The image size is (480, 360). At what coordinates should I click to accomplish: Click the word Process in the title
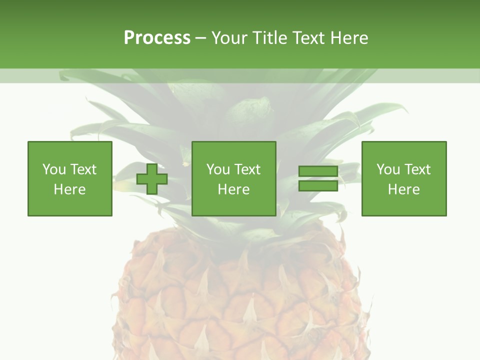tap(157, 38)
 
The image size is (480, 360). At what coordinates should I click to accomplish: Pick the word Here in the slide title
tap(349, 38)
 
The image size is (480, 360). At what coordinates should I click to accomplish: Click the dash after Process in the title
tap(200, 38)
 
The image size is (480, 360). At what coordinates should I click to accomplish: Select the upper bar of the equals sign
tap(318, 171)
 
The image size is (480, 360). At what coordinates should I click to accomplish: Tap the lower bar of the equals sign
tap(318, 185)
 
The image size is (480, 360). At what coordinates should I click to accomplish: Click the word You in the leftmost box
tap(54, 169)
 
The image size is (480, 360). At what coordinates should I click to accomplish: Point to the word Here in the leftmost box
tap(69, 189)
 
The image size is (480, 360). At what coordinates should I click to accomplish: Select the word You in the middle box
tap(218, 169)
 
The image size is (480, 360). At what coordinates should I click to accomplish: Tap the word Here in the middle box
tap(233, 189)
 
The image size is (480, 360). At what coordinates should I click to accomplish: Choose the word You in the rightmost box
tap(388, 169)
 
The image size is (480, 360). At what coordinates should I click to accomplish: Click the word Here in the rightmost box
tap(403, 189)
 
